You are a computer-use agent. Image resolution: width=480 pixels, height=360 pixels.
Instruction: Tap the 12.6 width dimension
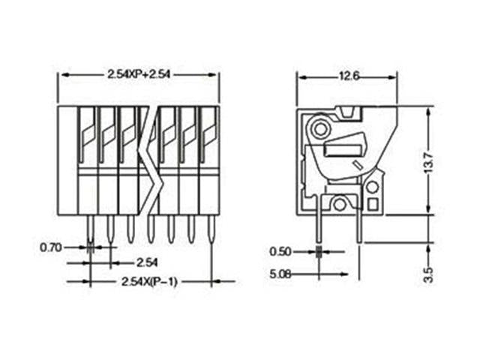[x=346, y=75]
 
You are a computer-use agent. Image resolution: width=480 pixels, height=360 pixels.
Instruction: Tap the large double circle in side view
[x=319, y=129]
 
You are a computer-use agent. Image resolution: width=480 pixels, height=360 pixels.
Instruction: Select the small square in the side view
[x=373, y=203]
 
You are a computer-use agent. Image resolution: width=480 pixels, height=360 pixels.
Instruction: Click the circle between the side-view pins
[x=340, y=203]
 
